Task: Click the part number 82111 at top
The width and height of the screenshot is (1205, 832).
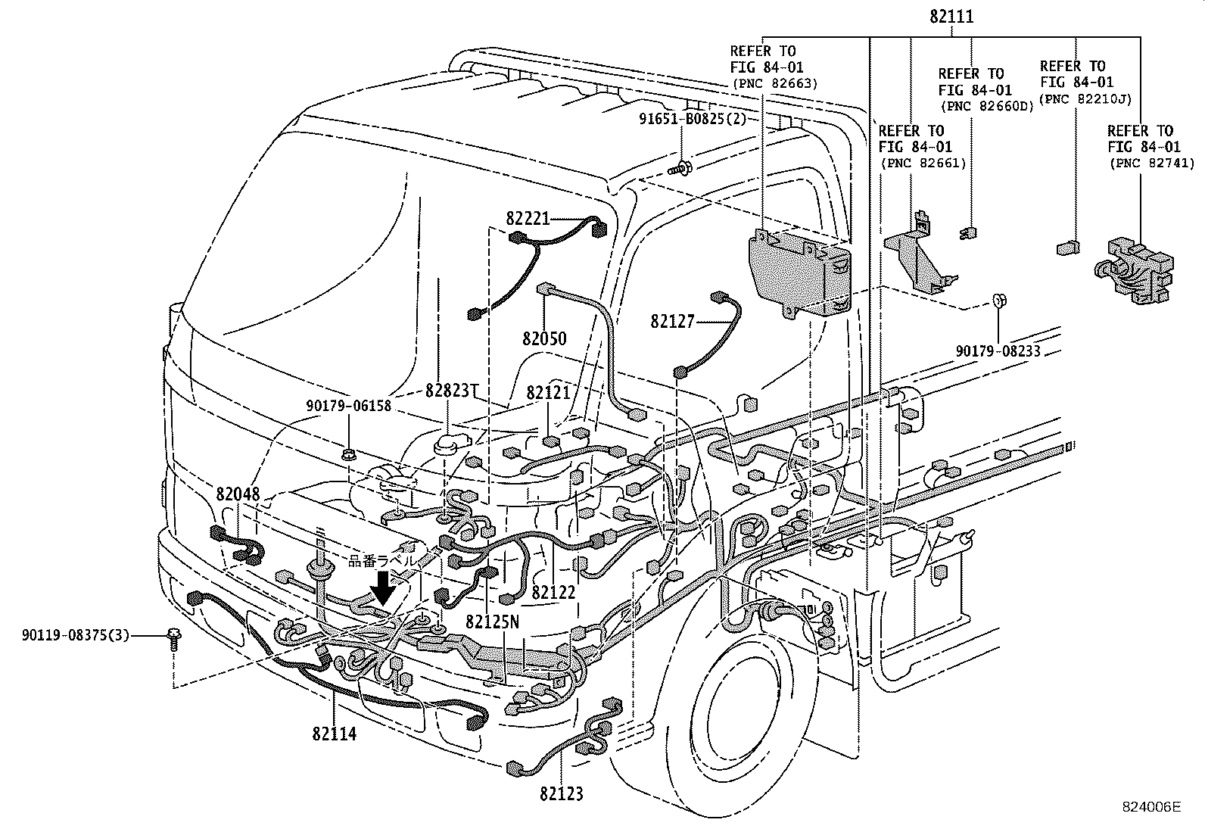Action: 951,17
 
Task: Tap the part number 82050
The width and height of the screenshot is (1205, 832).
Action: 543,338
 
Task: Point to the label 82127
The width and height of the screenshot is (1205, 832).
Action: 671,322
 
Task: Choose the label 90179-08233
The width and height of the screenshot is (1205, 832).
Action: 998,351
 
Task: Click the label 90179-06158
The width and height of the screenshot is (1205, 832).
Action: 348,406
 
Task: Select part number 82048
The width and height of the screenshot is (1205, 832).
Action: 238,494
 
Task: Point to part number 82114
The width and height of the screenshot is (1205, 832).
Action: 334,734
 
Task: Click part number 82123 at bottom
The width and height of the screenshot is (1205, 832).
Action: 562,794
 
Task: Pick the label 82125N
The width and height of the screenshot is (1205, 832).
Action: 493,622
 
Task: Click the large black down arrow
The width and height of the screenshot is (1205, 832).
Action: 383,588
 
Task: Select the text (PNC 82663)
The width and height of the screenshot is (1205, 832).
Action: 774,83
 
